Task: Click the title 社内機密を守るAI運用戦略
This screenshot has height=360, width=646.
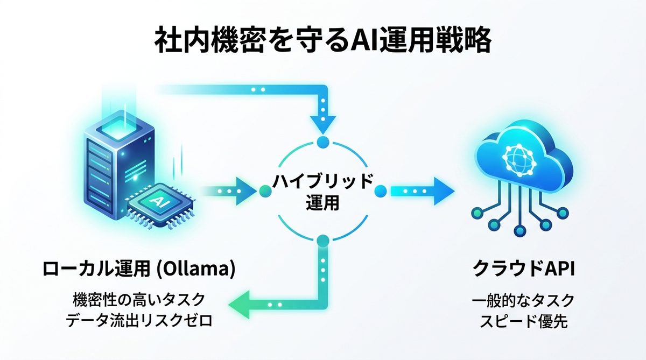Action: (323, 41)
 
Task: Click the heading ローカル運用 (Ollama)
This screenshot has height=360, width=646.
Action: (139, 269)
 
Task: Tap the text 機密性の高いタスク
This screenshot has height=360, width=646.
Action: (139, 299)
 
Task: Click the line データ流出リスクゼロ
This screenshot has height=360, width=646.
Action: (139, 321)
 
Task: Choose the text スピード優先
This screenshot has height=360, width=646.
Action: (524, 321)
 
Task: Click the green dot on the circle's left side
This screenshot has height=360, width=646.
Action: (264, 191)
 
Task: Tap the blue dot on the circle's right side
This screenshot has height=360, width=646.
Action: (381, 191)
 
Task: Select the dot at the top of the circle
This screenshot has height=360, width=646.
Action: (322, 142)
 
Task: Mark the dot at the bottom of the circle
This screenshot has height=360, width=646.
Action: (322, 241)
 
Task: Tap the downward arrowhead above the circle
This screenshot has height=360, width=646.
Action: (322, 123)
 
